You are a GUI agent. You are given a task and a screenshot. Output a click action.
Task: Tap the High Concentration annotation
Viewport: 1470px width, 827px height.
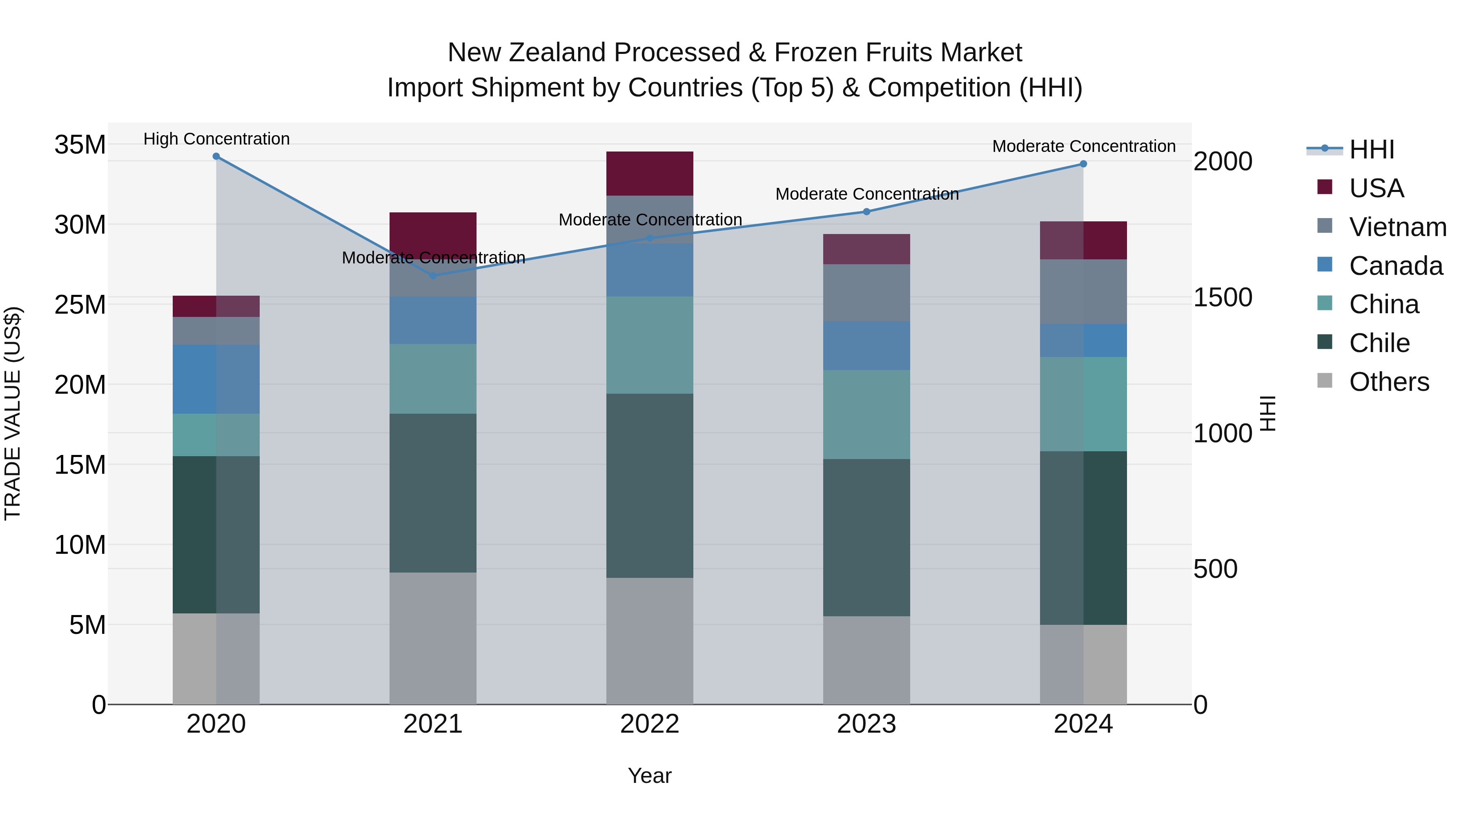pyautogui.click(x=216, y=139)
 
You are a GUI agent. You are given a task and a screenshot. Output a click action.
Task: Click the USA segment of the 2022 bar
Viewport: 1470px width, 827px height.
pyautogui.click(x=649, y=174)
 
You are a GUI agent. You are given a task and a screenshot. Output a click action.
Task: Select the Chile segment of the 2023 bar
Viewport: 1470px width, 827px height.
pyautogui.click(x=866, y=537)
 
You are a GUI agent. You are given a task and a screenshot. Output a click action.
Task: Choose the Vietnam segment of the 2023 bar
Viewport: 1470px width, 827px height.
pyautogui.click(x=866, y=293)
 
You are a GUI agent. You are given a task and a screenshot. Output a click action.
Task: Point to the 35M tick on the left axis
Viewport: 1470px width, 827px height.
pyautogui.click(x=80, y=145)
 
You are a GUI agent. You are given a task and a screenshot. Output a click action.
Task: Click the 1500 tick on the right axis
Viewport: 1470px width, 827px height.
pyautogui.click(x=1223, y=297)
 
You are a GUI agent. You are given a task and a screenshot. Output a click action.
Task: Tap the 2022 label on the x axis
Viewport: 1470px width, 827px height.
pyautogui.click(x=649, y=724)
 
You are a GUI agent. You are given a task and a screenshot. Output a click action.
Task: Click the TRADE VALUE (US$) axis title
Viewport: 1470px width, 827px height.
pyautogui.click(x=13, y=413)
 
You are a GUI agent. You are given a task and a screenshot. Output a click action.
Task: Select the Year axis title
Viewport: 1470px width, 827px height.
pyautogui.click(x=649, y=776)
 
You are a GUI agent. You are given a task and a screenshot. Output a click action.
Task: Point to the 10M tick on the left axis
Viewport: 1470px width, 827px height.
pyautogui.click(x=80, y=546)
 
